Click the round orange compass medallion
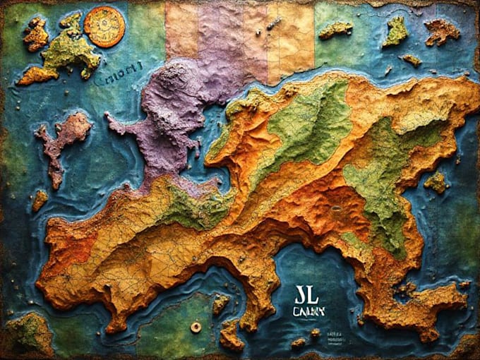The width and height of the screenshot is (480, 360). pos(104,26)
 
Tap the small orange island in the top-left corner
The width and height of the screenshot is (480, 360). pos(35,33)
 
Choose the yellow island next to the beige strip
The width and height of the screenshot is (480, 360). pos(335,30)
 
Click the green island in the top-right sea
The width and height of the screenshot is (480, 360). pos(397,32)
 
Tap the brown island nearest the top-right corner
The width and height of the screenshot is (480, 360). pos(441,31)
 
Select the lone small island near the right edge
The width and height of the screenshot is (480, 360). pos(437,183)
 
